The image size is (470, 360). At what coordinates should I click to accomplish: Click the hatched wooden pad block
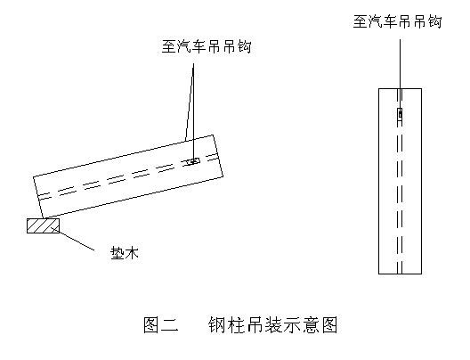pyautogui.click(x=43, y=225)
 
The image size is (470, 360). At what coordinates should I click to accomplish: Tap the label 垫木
pyautogui.click(x=125, y=253)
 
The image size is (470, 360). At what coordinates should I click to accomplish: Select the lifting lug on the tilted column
pyautogui.click(x=192, y=162)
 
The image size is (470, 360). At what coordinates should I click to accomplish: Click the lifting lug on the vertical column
pyautogui.click(x=400, y=114)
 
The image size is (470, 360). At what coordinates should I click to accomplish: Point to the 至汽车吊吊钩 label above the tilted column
pyautogui.click(x=207, y=47)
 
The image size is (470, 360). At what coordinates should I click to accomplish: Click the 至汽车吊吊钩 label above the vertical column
pyautogui.click(x=398, y=21)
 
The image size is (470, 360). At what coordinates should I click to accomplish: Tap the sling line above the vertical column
pyautogui.click(x=400, y=77)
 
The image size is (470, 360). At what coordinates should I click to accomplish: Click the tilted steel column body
pyautogui.click(x=128, y=176)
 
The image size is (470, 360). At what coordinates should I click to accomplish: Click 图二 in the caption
pyautogui.click(x=161, y=324)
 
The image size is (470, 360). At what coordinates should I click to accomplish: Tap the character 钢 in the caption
pyautogui.click(x=217, y=324)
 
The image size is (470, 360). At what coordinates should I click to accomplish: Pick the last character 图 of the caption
pyautogui.click(x=329, y=324)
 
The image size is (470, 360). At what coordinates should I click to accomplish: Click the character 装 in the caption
pyautogui.click(x=273, y=324)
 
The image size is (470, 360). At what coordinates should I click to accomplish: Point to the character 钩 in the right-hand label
pyautogui.click(x=434, y=21)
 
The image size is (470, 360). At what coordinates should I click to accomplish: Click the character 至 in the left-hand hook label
pyautogui.click(x=169, y=47)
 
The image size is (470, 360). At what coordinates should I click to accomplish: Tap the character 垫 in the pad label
pyautogui.click(x=117, y=253)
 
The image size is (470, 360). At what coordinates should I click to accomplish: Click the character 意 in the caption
pyautogui.click(x=311, y=324)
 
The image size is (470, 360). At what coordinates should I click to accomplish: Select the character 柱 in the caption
pyautogui.click(x=236, y=324)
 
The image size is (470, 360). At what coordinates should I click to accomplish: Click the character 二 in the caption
pyautogui.click(x=170, y=325)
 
